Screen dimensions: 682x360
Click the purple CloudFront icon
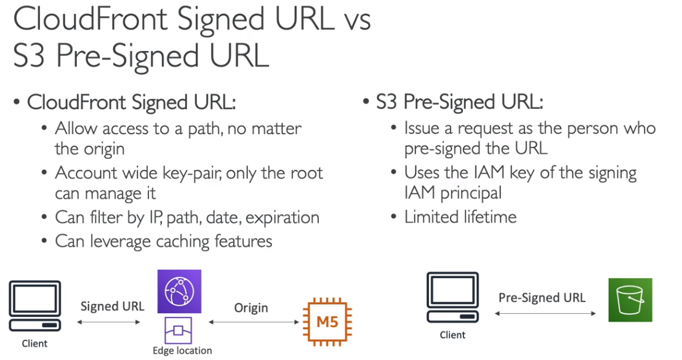[x=179, y=291]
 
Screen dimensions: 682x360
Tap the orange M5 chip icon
[x=327, y=322]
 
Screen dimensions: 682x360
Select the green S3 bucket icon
[x=630, y=300]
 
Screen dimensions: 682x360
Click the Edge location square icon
[x=179, y=330]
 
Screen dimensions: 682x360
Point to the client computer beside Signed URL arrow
[x=35, y=306]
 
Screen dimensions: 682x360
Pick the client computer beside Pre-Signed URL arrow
[x=453, y=297]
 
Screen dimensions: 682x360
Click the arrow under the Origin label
[x=254, y=322]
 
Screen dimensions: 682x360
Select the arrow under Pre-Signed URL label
[x=545, y=313]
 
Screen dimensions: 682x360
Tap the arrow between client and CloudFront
[x=109, y=322]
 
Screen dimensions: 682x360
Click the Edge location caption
[x=182, y=350]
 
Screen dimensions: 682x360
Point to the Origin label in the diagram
[x=251, y=308]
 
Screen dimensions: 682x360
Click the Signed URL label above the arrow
[x=112, y=306]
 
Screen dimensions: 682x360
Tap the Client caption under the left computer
[x=35, y=343]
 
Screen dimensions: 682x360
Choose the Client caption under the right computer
[x=452, y=335]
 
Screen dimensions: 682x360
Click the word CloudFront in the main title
[x=90, y=19]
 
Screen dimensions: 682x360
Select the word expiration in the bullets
[x=283, y=218]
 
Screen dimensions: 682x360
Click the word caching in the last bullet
[x=183, y=242]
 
